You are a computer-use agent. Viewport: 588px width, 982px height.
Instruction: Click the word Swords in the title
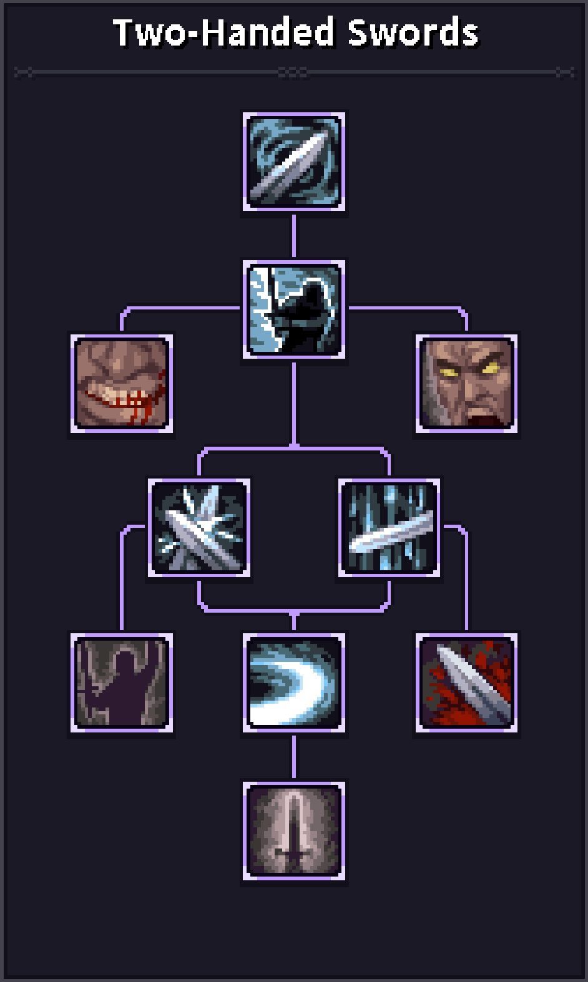click(413, 32)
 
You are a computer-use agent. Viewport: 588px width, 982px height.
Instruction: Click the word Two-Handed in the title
click(223, 32)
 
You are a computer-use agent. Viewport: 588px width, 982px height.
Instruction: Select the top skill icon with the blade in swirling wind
click(293, 162)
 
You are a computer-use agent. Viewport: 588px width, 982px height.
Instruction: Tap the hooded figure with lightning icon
click(293, 309)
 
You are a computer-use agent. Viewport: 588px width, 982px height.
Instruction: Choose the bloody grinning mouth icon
click(122, 383)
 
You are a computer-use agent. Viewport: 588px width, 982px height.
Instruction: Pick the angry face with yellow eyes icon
click(466, 383)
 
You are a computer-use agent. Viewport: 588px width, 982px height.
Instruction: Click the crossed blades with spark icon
click(199, 528)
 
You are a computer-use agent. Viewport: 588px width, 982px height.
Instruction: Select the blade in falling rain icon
click(390, 528)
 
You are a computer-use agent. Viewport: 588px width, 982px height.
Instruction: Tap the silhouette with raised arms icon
click(122, 683)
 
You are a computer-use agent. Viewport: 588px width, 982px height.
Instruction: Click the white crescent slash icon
click(293, 683)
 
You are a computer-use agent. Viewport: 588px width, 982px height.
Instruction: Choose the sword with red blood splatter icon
click(466, 683)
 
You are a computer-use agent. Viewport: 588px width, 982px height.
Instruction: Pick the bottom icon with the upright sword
click(293, 830)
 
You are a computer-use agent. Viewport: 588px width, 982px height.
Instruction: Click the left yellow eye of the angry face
click(448, 372)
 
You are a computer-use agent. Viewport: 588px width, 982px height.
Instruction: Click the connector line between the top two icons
click(293, 235)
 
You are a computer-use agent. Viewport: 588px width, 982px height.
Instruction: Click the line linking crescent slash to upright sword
click(293, 757)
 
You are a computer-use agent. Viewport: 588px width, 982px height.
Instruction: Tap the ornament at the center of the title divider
click(293, 73)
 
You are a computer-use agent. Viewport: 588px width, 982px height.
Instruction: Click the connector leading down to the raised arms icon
click(122, 580)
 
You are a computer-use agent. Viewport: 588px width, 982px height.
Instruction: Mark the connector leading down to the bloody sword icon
click(466, 580)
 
